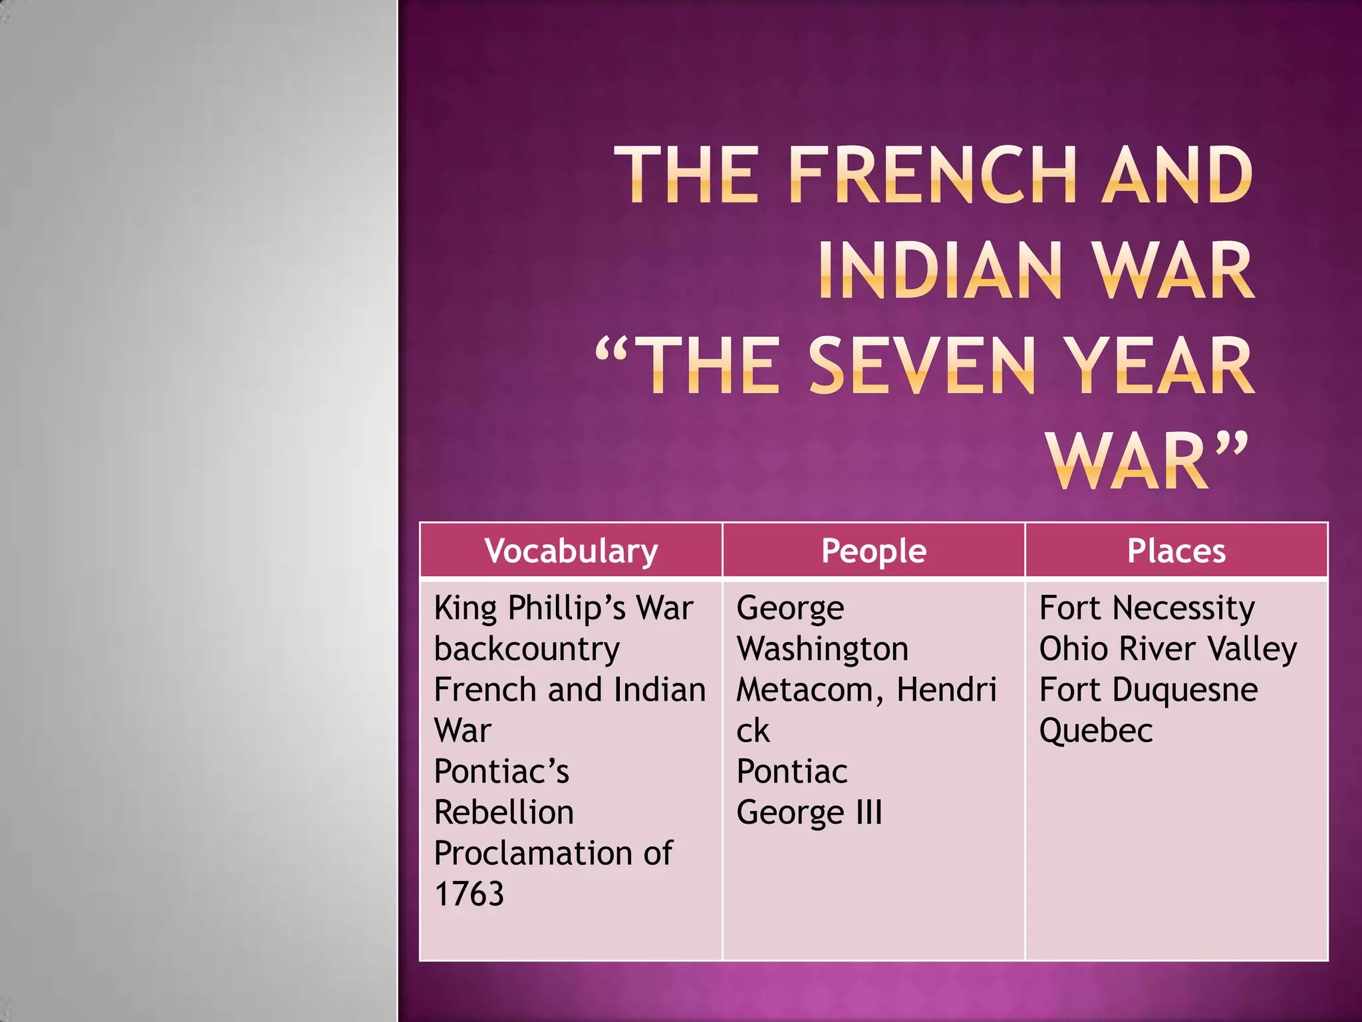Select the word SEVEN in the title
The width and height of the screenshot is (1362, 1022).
point(922,365)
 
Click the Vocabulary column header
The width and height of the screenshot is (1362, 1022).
point(571,551)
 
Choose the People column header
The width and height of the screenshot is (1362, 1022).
point(873,551)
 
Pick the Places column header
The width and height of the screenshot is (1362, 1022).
point(1176,551)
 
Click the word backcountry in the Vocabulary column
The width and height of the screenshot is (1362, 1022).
point(527,649)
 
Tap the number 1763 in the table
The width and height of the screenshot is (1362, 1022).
point(469,894)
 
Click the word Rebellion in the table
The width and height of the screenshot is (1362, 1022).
point(504,812)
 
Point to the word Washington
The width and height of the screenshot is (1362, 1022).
point(823,649)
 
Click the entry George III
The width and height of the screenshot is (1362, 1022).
point(809,812)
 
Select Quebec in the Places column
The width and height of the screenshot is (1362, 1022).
point(1096,731)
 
